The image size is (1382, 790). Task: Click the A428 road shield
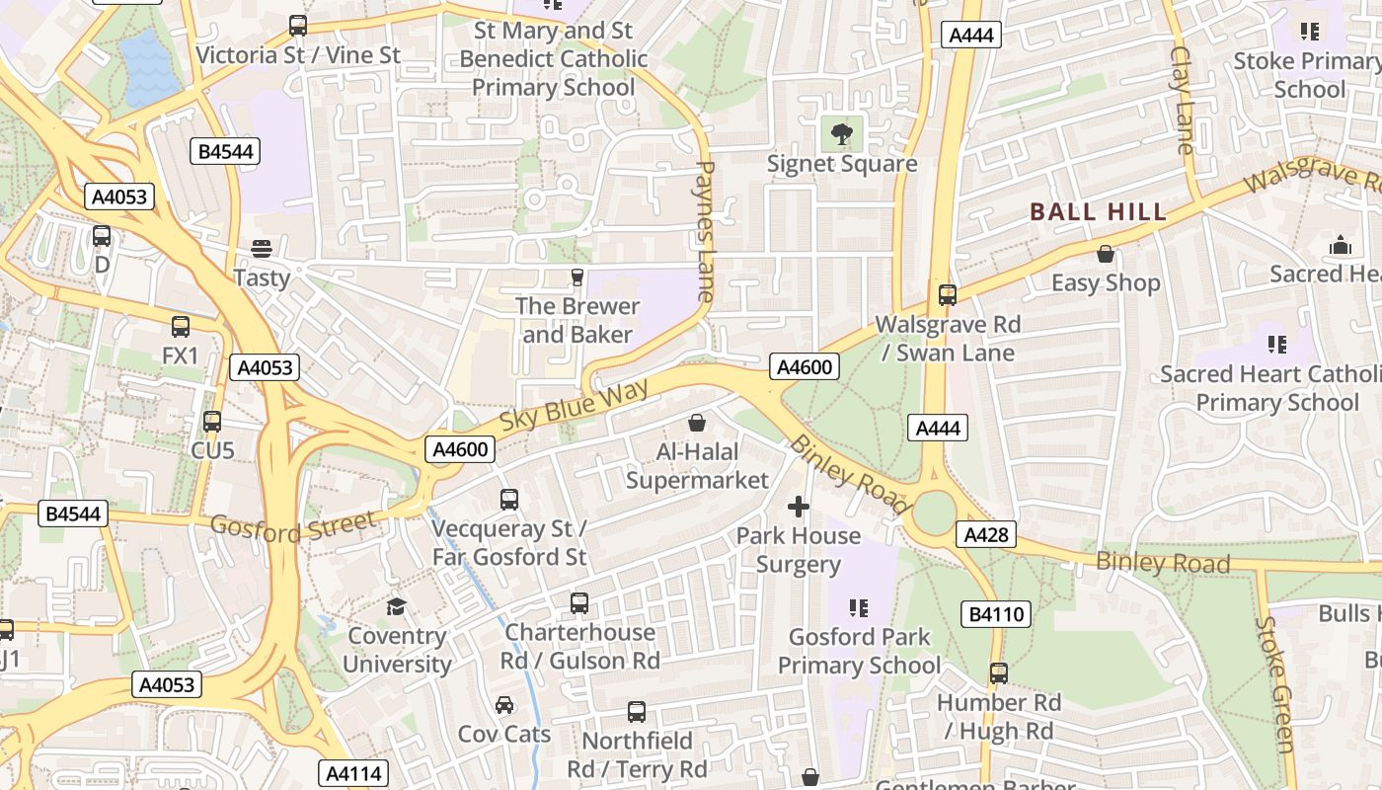coord(985,534)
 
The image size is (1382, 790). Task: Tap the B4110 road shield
coord(996,614)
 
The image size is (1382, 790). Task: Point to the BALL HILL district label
coord(1098,211)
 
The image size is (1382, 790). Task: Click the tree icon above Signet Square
coord(842,134)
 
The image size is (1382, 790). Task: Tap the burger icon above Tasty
coord(262,248)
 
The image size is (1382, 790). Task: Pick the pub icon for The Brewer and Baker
coord(577,277)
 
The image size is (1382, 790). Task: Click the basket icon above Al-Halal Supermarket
coord(697,423)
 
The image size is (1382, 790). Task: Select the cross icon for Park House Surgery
coord(798,507)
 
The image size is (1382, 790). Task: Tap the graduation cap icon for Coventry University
coord(396,606)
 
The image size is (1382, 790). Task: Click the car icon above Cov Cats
coord(504,705)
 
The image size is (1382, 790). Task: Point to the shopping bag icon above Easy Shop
coord(1106,254)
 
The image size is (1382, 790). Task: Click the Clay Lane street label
coord(1183,99)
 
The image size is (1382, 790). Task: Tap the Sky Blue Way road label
coord(574,404)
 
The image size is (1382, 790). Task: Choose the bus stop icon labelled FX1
coord(181,326)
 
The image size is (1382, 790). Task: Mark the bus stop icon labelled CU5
coord(212,422)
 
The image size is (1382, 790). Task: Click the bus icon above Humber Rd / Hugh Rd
coord(999,673)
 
